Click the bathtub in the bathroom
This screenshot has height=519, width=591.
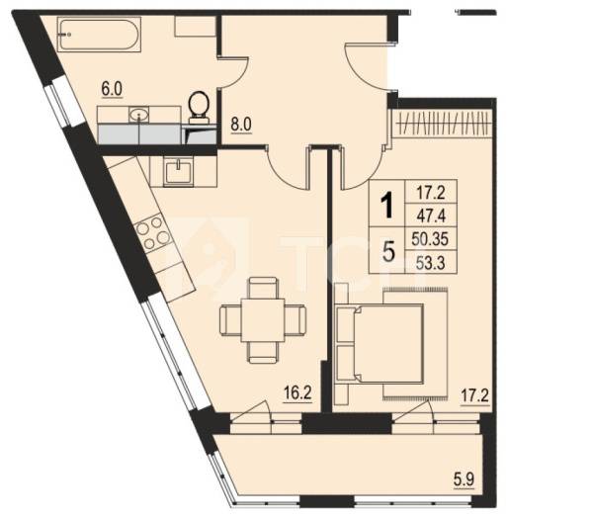pyautogui.click(x=99, y=35)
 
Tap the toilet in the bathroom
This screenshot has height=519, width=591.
pyautogui.click(x=199, y=108)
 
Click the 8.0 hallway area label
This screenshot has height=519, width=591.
pyautogui.click(x=241, y=125)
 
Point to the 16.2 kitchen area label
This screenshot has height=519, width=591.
pyautogui.click(x=297, y=393)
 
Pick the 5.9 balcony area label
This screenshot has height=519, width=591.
pyautogui.click(x=464, y=479)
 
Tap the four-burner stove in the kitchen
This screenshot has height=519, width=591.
pyautogui.click(x=153, y=233)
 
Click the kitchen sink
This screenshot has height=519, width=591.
pyautogui.click(x=178, y=172)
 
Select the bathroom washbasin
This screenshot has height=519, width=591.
pyautogui.click(x=139, y=115)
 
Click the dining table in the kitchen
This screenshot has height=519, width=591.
pyautogui.click(x=263, y=320)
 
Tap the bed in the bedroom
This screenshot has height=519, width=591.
pyautogui.click(x=388, y=343)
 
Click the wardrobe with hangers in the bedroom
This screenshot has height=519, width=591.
pyautogui.click(x=443, y=124)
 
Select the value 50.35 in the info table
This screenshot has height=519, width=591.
pyautogui.click(x=430, y=239)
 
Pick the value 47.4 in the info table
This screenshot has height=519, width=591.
pyautogui.click(x=431, y=216)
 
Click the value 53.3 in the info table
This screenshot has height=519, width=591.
pyautogui.click(x=431, y=262)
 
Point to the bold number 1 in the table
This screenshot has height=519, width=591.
pyautogui.click(x=386, y=206)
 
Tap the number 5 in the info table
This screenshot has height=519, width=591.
pyautogui.click(x=388, y=252)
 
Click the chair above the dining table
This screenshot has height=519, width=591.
pyautogui.click(x=263, y=289)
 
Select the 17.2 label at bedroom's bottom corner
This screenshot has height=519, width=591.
pyautogui.click(x=475, y=396)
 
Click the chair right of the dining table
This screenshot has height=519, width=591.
pyautogui.click(x=295, y=319)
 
